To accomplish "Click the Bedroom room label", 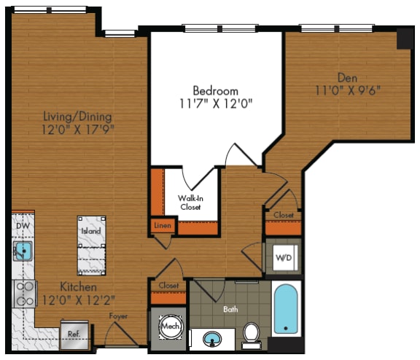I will pyautogui.click(x=215, y=90).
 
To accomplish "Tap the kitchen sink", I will pyautogui.click(x=22, y=252).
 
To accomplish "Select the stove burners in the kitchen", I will pyautogui.click(x=24, y=293).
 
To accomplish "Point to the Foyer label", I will pyautogui.click(x=119, y=316).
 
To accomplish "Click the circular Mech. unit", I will pyautogui.click(x=171, y=326).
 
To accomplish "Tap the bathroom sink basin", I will pyautogui.click(x=211, y=340).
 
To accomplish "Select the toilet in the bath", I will pyautogui.click(x=252, y=333).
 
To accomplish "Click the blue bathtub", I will pyautogui.click(x=286, y=310).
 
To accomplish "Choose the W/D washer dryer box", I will pyautogui.click(x=283, y=257).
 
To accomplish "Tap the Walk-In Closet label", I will pyautogui.click(x=191, y=202).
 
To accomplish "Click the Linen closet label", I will pyautogui.click(x=162, y=226).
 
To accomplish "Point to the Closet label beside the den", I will pyautogui.click(x=283, y=216).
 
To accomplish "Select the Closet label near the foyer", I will pyautogui.click(x=168, y=286).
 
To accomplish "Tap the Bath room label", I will pyautogui.click(x=230, y=309).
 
